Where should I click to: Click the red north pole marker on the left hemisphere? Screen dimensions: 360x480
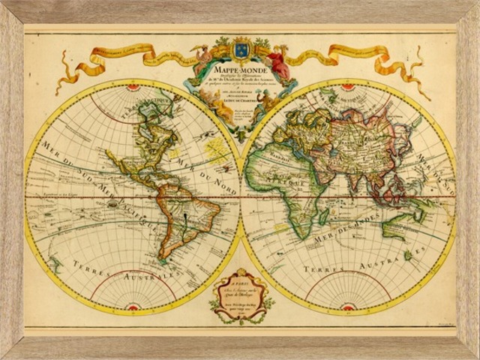point(133,88)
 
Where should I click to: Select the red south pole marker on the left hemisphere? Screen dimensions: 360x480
point(133,306)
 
